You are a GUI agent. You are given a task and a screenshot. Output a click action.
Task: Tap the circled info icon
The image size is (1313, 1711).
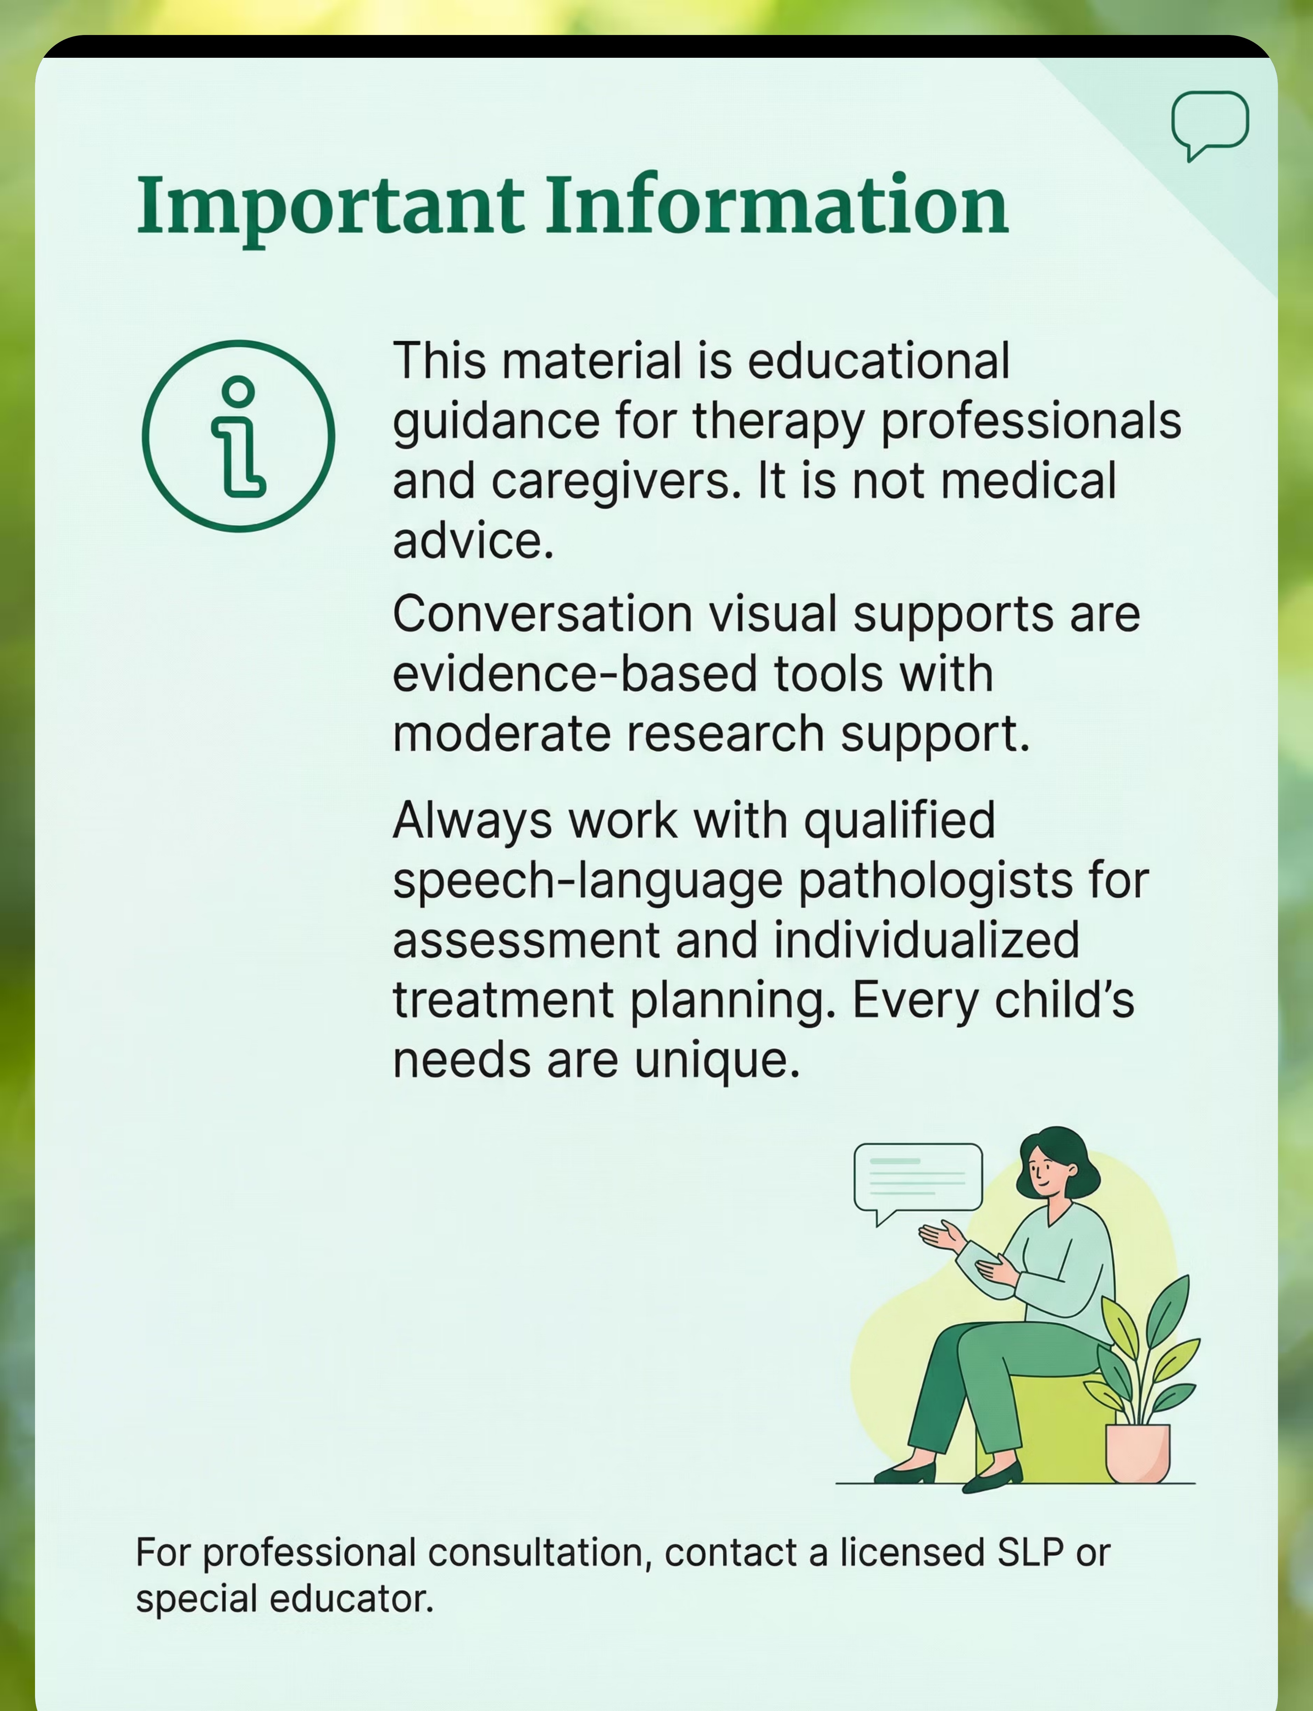[238, 436]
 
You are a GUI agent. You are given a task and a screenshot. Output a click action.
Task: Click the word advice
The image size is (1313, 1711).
[473, 541]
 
